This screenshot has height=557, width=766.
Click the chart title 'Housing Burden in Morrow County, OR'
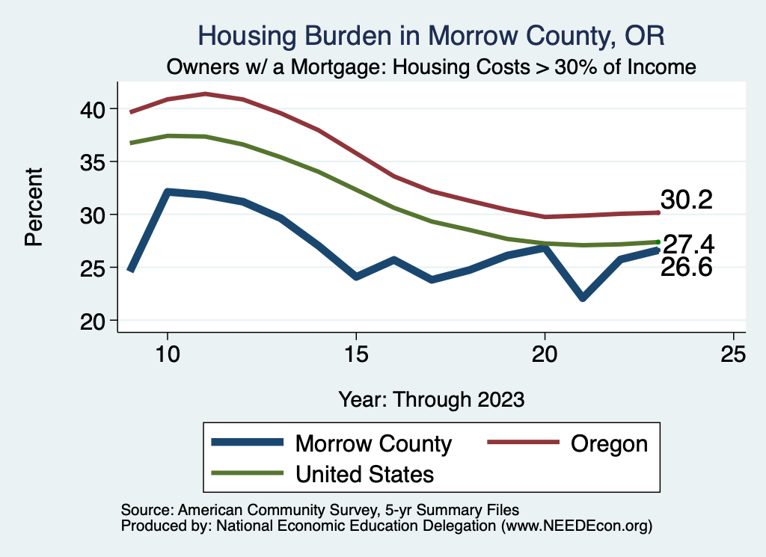point(430,35)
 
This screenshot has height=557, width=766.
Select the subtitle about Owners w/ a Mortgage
point(431,67)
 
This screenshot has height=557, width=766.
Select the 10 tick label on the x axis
point(168,354)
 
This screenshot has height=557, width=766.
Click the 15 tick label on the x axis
point(356,354)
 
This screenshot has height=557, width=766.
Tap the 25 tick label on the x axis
point(733,354)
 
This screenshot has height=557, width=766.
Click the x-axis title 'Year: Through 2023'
point(431,398)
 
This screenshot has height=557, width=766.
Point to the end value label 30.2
point(685,200)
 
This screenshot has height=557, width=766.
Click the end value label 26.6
point(685,266)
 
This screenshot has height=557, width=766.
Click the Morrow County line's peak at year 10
point(168,192)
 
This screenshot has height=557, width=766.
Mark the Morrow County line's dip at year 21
point(582,298)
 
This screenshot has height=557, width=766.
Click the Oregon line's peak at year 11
point(206,94)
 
